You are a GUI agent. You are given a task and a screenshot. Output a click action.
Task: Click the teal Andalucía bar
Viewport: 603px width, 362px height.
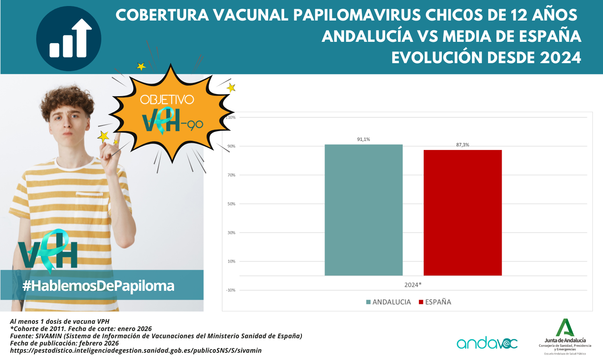tap(363, 210)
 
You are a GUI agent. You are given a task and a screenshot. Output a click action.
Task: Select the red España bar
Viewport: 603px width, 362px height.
tap(462, 212)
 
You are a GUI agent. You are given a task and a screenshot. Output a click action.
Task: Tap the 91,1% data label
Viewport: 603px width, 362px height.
tap(363, 139)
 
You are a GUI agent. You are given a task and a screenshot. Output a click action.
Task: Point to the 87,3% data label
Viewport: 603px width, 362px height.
tap(462, 145)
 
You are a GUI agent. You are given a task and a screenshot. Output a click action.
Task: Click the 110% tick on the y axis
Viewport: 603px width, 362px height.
tap(231, 117)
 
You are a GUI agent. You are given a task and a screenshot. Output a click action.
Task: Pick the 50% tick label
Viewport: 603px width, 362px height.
tap(232, 204)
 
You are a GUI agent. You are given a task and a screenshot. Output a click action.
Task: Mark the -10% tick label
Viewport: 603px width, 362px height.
tap(231, 290)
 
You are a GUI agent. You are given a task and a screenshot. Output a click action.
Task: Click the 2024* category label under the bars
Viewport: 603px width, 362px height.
tap(413, 285)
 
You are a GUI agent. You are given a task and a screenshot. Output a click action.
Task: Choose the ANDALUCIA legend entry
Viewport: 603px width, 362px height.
tap(388, 302)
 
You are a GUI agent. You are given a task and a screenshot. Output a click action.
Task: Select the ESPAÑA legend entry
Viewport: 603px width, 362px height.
tap(435, 302)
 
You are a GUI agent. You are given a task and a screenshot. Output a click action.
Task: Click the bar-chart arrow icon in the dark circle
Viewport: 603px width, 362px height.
tap(69, 39)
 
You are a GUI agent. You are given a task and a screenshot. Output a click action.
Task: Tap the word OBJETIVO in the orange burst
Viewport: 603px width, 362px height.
tap(167, 100)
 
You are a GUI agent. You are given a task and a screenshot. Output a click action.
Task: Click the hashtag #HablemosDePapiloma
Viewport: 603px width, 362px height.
tap(98, 286)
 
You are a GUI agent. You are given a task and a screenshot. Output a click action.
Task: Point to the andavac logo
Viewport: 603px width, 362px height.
tap(487, 343)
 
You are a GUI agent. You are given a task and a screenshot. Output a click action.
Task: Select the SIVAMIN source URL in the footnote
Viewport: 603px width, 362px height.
tap(136, 350)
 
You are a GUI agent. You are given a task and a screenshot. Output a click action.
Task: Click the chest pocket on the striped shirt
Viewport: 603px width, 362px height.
tap(89, 208)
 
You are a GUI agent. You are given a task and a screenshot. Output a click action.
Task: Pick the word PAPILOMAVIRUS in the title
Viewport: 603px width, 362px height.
tap(357, 15)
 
